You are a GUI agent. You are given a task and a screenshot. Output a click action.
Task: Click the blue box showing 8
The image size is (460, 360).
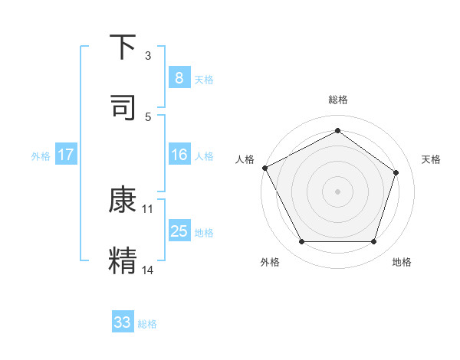tap(179, 77)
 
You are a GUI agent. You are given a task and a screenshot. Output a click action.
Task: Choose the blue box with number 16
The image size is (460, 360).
tap(179, 155)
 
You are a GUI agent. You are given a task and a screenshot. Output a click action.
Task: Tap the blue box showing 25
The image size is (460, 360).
tap(179, 231)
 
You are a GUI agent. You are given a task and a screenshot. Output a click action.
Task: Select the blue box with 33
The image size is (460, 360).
tap(123, 322)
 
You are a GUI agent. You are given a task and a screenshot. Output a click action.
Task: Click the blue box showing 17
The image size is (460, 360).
tap(66, 155)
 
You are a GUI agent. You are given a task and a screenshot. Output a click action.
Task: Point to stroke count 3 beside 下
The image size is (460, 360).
tap(148, 55)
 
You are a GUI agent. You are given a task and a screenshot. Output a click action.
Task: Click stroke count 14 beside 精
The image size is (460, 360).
tap(148, 269)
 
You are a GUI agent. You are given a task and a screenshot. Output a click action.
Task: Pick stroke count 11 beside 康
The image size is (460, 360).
tap(148, 208)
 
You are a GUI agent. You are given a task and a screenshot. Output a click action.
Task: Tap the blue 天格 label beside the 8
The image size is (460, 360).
tap(204, 79)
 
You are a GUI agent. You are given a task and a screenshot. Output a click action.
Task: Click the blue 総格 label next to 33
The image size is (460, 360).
tap(147, 324)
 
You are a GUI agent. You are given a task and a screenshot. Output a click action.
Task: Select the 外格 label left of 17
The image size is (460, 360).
tap(41, 156)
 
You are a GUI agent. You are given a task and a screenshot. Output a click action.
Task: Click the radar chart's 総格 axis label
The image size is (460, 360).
tap(338, 100)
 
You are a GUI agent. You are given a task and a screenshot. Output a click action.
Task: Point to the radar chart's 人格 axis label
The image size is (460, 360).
tap(245, 159)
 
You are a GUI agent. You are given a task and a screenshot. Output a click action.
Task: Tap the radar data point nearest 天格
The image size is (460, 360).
tap(396, 172)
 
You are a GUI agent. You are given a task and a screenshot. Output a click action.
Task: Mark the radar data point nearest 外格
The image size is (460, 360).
tap(301, 242)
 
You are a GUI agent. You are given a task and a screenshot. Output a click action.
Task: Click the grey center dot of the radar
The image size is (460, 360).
tap(338, 191)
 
